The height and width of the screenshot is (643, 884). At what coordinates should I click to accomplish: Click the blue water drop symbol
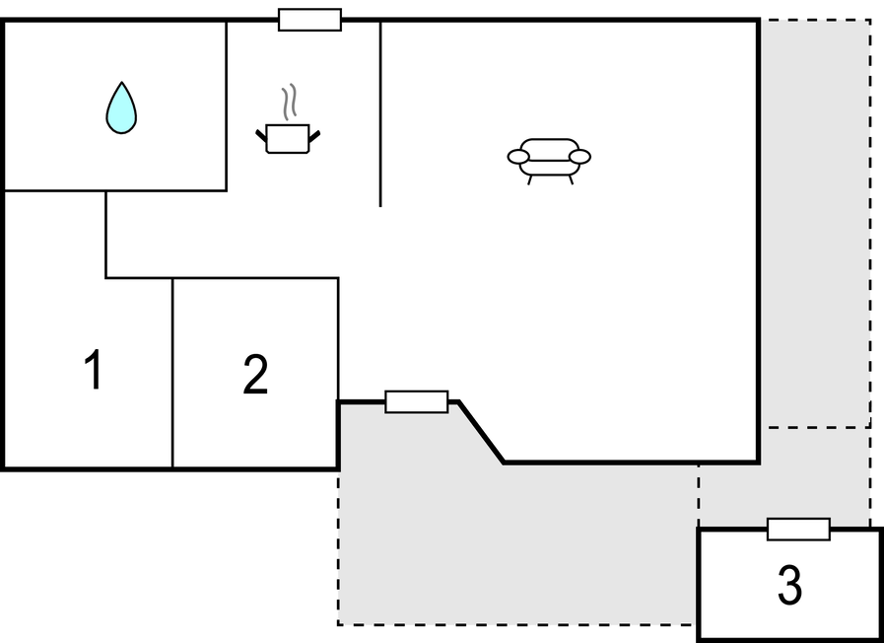(x=121, y=109)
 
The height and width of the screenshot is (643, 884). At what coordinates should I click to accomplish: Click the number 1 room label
(x=93, y=372)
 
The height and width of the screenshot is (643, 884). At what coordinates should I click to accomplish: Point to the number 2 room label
(x=255, y=375)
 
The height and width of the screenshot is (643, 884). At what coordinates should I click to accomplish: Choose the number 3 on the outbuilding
(x=789, y=586)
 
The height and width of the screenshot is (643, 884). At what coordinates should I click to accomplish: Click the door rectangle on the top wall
(x=309, y=20)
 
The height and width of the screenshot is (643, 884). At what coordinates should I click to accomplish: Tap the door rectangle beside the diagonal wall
(x=416, y=401)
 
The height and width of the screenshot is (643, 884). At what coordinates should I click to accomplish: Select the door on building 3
(x=798, y=530)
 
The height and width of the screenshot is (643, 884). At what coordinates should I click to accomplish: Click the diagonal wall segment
(x=482, y=431)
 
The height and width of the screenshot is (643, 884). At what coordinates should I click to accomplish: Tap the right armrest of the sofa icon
(x=580, y=156)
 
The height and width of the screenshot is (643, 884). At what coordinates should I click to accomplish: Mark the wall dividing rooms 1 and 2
(x=172, y=373)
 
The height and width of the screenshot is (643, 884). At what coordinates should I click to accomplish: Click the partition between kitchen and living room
(x=380, y=113)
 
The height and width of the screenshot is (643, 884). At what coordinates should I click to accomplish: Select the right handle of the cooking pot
(x=314, y=135)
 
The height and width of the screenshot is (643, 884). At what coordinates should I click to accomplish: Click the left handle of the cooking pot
(x=262, y=135)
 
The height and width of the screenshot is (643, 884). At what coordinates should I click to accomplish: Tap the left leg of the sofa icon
(x=530, y=179)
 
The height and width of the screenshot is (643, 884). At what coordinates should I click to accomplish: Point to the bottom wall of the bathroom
(x=115, y=190)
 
